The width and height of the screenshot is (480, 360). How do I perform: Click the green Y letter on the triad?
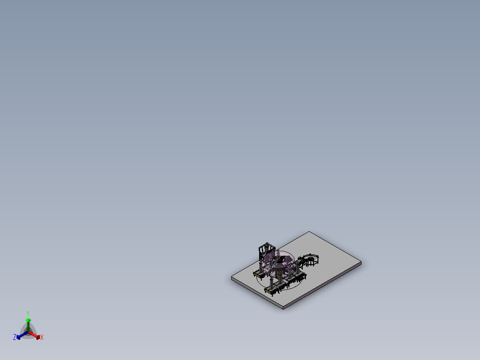[x=28, y=313]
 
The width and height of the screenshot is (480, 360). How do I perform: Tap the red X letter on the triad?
[x=42, y=338]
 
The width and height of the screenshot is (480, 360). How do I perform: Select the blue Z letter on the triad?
[x=15, y=337]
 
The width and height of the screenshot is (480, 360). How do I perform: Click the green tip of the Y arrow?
[x=28, y=320]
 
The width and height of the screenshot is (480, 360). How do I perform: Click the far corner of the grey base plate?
[x=309, y=232]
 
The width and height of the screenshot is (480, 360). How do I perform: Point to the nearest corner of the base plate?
[x=284, y=308]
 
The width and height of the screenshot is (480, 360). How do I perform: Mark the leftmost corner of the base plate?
[x=232, y=278]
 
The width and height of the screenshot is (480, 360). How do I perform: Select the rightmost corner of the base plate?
[x=361, y=263]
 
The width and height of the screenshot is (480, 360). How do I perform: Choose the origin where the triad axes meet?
[x=28, y=331]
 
